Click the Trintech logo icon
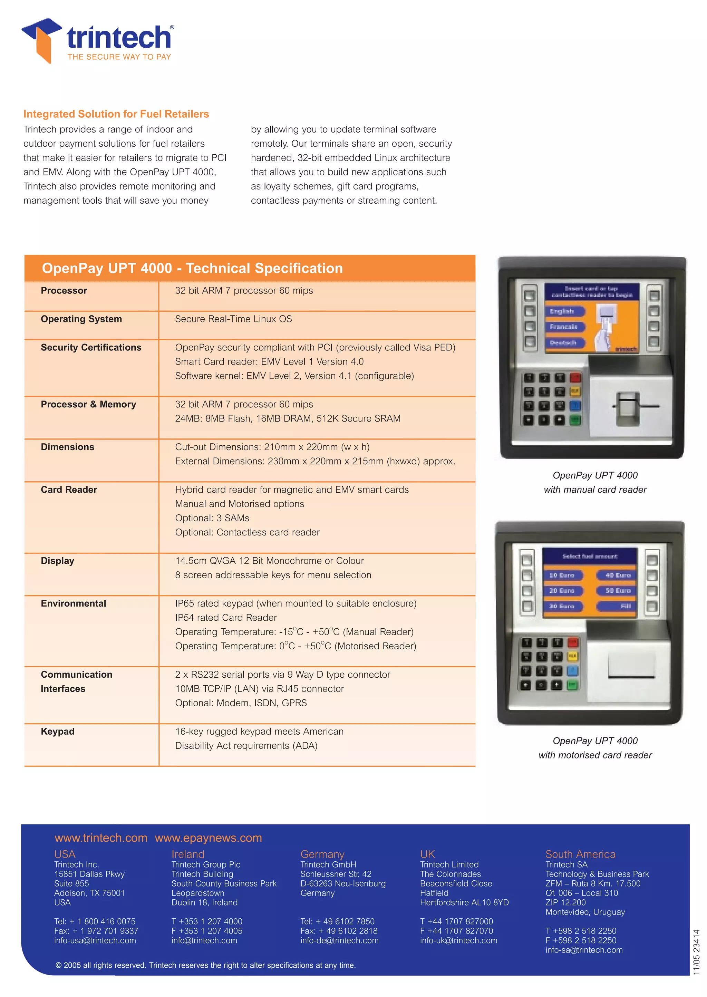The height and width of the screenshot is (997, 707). click(41, 40)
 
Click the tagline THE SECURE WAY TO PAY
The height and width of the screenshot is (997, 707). click(119, 57)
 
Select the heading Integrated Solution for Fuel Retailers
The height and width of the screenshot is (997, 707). click(116, 114)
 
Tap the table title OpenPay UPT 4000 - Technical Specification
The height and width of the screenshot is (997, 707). click(192, 268)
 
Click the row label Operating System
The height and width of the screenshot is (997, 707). click(81, 319)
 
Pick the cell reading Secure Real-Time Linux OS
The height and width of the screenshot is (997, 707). click(233, 319)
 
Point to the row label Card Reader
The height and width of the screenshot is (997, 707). click(69, 490)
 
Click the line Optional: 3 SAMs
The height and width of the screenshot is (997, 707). click(212, 518)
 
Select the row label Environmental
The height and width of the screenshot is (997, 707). click(73, 603)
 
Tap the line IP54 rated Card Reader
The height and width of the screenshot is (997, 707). click(226, 618)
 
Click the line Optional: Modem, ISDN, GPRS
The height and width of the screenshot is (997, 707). click(241, 703)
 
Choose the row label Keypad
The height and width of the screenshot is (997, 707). click(57, 732)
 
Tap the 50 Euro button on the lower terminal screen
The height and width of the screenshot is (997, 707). click(617, 591)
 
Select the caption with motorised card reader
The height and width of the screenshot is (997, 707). click(595, 755)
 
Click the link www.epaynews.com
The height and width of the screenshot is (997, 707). click(208, 838)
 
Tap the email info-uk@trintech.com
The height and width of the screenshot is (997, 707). click(458, 940)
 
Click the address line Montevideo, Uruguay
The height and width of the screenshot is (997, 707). click(585, 912)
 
